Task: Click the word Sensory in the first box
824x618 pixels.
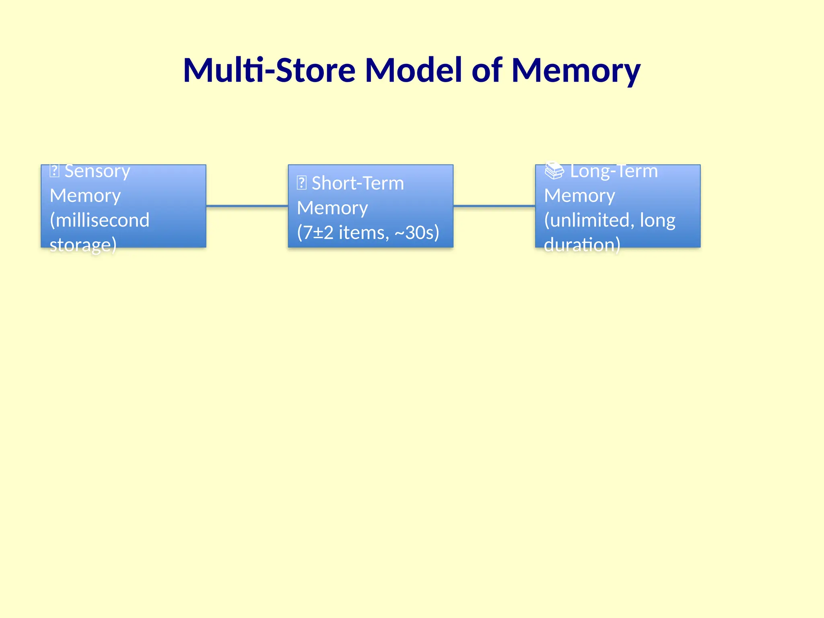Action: click(x=97, y=171)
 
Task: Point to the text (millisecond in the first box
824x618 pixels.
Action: click(x=99, y=220)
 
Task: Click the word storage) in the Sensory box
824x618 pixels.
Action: click(x=83, y=245)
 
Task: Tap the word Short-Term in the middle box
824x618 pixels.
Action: click(x=358, y=183)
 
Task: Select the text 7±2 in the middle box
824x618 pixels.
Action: click(x=318, y=233)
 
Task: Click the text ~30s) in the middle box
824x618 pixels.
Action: click(x=417, y=233)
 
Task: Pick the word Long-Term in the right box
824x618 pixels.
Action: click(x=614, y=171)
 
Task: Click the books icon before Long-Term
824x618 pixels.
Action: click(x=554, y=171)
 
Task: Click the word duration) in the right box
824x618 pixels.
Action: click(x=582, y=245)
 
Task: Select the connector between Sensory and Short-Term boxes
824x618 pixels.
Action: click(x=247, y=206)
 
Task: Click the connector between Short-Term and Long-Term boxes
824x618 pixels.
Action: click(x=494, y=206)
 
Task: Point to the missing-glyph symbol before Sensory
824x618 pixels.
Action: click(x=54, y=171)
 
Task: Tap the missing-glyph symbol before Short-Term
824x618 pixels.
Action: click(x=301, y=183)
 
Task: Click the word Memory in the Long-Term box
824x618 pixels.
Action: click(x=579, y=196)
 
